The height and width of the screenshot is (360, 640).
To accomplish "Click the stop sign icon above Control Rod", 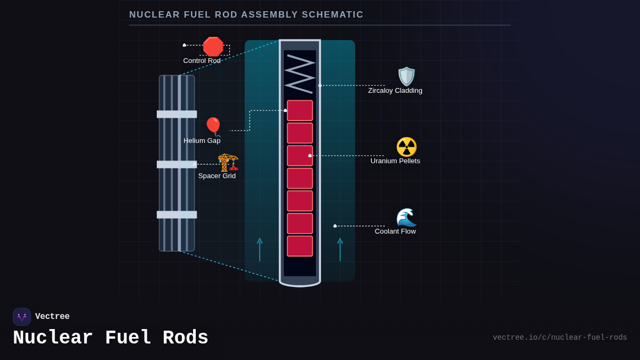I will pos(213,46).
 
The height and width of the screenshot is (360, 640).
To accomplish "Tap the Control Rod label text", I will pos(202,61).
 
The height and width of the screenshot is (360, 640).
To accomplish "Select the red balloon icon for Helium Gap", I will pos(213,126).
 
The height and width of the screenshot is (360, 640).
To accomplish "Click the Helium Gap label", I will pos(202,141).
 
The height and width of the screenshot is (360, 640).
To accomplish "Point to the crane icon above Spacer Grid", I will pos(228,162).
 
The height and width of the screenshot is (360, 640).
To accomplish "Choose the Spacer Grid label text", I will pos(217,176).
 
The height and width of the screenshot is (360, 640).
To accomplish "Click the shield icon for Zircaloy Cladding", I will pos(406,76).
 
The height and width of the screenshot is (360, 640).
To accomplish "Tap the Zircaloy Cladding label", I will pos(395,91).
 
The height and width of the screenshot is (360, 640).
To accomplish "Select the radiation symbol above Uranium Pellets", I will pos(406,147).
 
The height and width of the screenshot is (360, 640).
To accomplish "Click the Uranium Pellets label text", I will pos(395,161).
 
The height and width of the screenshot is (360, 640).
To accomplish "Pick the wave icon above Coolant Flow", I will pos(406,217).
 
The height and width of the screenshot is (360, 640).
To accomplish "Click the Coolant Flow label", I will pos(395,231).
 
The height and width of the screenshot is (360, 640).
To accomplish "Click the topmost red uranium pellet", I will pos(300,110).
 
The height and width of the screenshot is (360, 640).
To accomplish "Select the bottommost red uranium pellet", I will pos(300,246).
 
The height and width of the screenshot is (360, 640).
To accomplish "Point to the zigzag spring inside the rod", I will pos(300,74).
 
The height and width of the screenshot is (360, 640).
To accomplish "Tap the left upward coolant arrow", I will pos(260,249).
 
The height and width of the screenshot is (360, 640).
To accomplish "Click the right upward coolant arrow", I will pos(340,249).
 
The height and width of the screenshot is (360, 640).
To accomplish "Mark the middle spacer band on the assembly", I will pos(177,164).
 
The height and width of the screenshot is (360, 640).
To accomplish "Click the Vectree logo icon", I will pos(22,317).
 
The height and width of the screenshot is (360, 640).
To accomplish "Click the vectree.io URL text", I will pos(559,338).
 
